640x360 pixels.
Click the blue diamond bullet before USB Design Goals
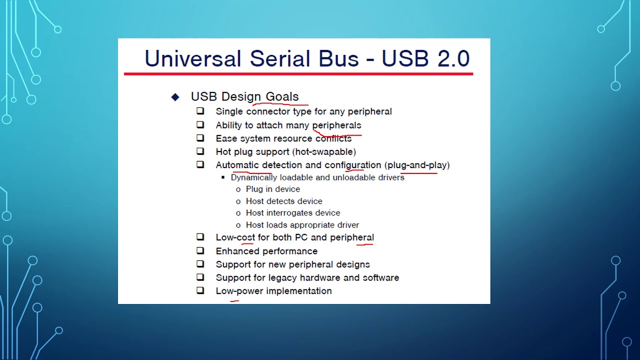click(175, 97)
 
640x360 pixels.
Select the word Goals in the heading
click(282, 96)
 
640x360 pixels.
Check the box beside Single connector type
click(200, 111)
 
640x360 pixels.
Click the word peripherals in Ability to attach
click(336, 125)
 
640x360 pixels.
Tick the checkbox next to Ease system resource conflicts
click(200, 138)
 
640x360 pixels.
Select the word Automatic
click(237, 165)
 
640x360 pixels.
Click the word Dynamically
click(254, 177)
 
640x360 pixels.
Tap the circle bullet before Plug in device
click(238, 189)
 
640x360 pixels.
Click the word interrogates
click(291, 213)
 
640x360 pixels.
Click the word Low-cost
click(235, 237)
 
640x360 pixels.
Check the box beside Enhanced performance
click(200, 250)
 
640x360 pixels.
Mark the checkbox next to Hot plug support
click(200, 151)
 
